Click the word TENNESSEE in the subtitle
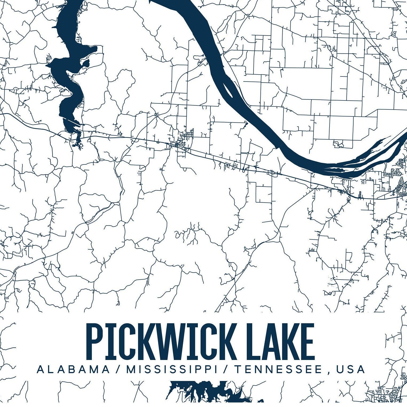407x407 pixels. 278,369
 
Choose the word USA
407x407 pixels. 351,369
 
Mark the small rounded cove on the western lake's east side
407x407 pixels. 86,64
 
